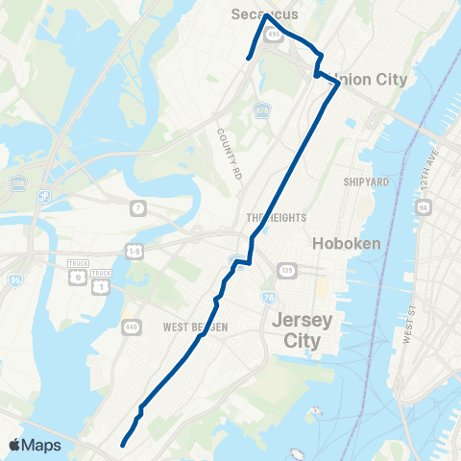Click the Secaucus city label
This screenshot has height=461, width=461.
[266, 13]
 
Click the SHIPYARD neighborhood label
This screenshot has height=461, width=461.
[365, 181]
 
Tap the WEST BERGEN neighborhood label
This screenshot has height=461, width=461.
[195, 328]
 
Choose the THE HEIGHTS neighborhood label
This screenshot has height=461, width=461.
[274, 218]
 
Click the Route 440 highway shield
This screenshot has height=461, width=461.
[128, 327]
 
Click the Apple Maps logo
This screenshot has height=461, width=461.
[35, 445]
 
